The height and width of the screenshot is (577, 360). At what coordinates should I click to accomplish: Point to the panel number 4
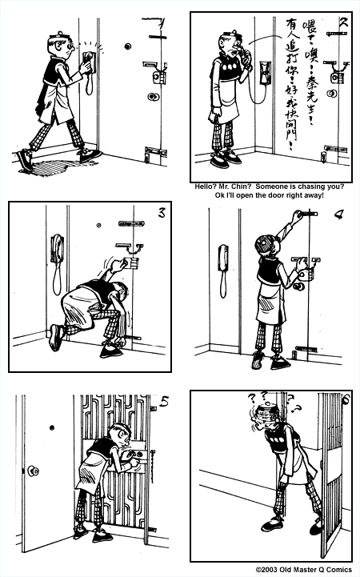[340, 215]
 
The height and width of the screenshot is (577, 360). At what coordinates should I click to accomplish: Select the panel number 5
[163, 403]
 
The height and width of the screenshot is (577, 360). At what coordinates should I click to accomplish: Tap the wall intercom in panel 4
[223, 257]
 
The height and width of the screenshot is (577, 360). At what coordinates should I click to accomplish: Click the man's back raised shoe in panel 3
[54, 337]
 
